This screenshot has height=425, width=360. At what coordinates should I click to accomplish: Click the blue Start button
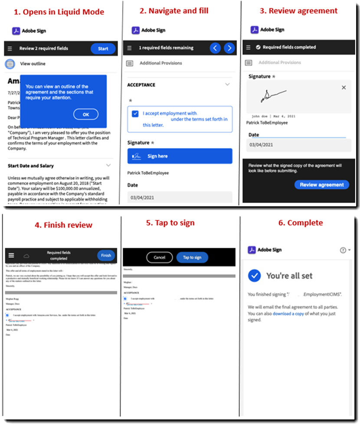pyautogui.click(x=103, y=49)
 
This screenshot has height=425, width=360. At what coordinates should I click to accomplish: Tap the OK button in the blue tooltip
pyautogui.click(x=85, y=114)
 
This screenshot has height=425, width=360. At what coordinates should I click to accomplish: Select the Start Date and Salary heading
pyautogui.click(x=31, y=166)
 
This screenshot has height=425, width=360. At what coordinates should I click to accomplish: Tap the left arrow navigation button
pyautogui.click(x=215, y=48)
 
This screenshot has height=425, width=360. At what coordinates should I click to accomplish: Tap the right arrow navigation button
pyautogui.click(x=229, y=48)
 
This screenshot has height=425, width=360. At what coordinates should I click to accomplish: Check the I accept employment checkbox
pyautogui.click(x=136, y=114)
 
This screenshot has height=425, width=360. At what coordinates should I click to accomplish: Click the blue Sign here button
pyautogui.click(x=180, y=156)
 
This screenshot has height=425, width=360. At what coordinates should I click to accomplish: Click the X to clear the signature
pyautogui.click(x=344, y=88)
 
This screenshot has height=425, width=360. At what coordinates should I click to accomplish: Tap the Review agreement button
pyautogui.click(x=321, y=184)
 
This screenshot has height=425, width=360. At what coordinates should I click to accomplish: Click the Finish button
pyautogui.click(x=106, y=255)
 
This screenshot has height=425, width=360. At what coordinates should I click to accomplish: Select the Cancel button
pyautogui.click(x=159, y=257)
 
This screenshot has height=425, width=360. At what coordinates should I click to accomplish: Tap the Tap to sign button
pyautogui.click(x=192, y=257)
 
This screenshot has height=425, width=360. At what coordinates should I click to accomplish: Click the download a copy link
pyautogui.click(x=288, y=313)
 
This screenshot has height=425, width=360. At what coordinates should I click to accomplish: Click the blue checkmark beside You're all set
pyautogui.click(x=254, y=275)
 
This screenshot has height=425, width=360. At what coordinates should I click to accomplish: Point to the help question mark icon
pyautogui.click(x=343, y=250)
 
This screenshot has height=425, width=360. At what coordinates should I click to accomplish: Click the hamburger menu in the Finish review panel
pyautogui.click(x=11, y=256)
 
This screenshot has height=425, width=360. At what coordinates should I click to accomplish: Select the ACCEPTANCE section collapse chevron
pyautogui.click(x=227, y=85)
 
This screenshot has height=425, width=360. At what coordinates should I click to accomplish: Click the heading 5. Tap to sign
pyautogui.click(x=170, y=223)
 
